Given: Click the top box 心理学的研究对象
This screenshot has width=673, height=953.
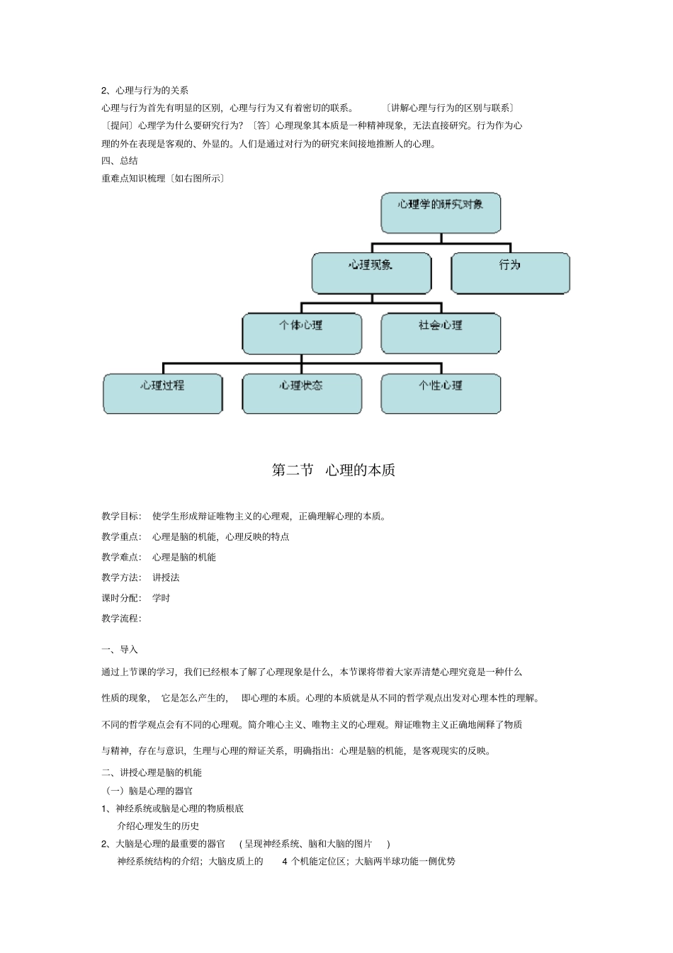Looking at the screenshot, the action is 441,213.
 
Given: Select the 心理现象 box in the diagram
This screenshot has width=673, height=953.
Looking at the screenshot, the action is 371,273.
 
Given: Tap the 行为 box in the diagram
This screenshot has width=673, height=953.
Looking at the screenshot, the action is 510,273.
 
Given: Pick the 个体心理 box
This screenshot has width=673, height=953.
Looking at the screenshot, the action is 302,333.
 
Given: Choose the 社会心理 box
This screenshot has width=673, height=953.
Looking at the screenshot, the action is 441,333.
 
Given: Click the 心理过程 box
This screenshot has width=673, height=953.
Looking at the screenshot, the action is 162,393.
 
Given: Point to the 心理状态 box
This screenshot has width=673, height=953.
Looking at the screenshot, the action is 302,393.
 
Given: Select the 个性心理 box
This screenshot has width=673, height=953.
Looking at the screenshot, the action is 441,393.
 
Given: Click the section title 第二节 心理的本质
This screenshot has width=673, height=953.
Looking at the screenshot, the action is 334,470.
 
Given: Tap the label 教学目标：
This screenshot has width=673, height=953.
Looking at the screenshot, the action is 122,516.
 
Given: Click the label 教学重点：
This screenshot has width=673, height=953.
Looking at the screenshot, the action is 122,536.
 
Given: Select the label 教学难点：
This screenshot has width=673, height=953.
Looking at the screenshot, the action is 122,557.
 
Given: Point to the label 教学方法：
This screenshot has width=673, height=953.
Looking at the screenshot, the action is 122,577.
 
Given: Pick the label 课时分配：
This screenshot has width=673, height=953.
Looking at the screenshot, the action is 122,598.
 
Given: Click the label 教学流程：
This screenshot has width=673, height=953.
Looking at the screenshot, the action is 122,618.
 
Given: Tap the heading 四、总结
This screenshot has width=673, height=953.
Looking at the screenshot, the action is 120,161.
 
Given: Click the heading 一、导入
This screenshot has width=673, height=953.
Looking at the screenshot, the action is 120,650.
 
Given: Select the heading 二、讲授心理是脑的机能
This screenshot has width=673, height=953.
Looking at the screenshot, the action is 152,772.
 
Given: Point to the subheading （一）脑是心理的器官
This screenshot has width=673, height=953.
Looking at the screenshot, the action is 149,791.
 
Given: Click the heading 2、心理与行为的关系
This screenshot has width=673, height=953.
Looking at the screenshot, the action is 145,91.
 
